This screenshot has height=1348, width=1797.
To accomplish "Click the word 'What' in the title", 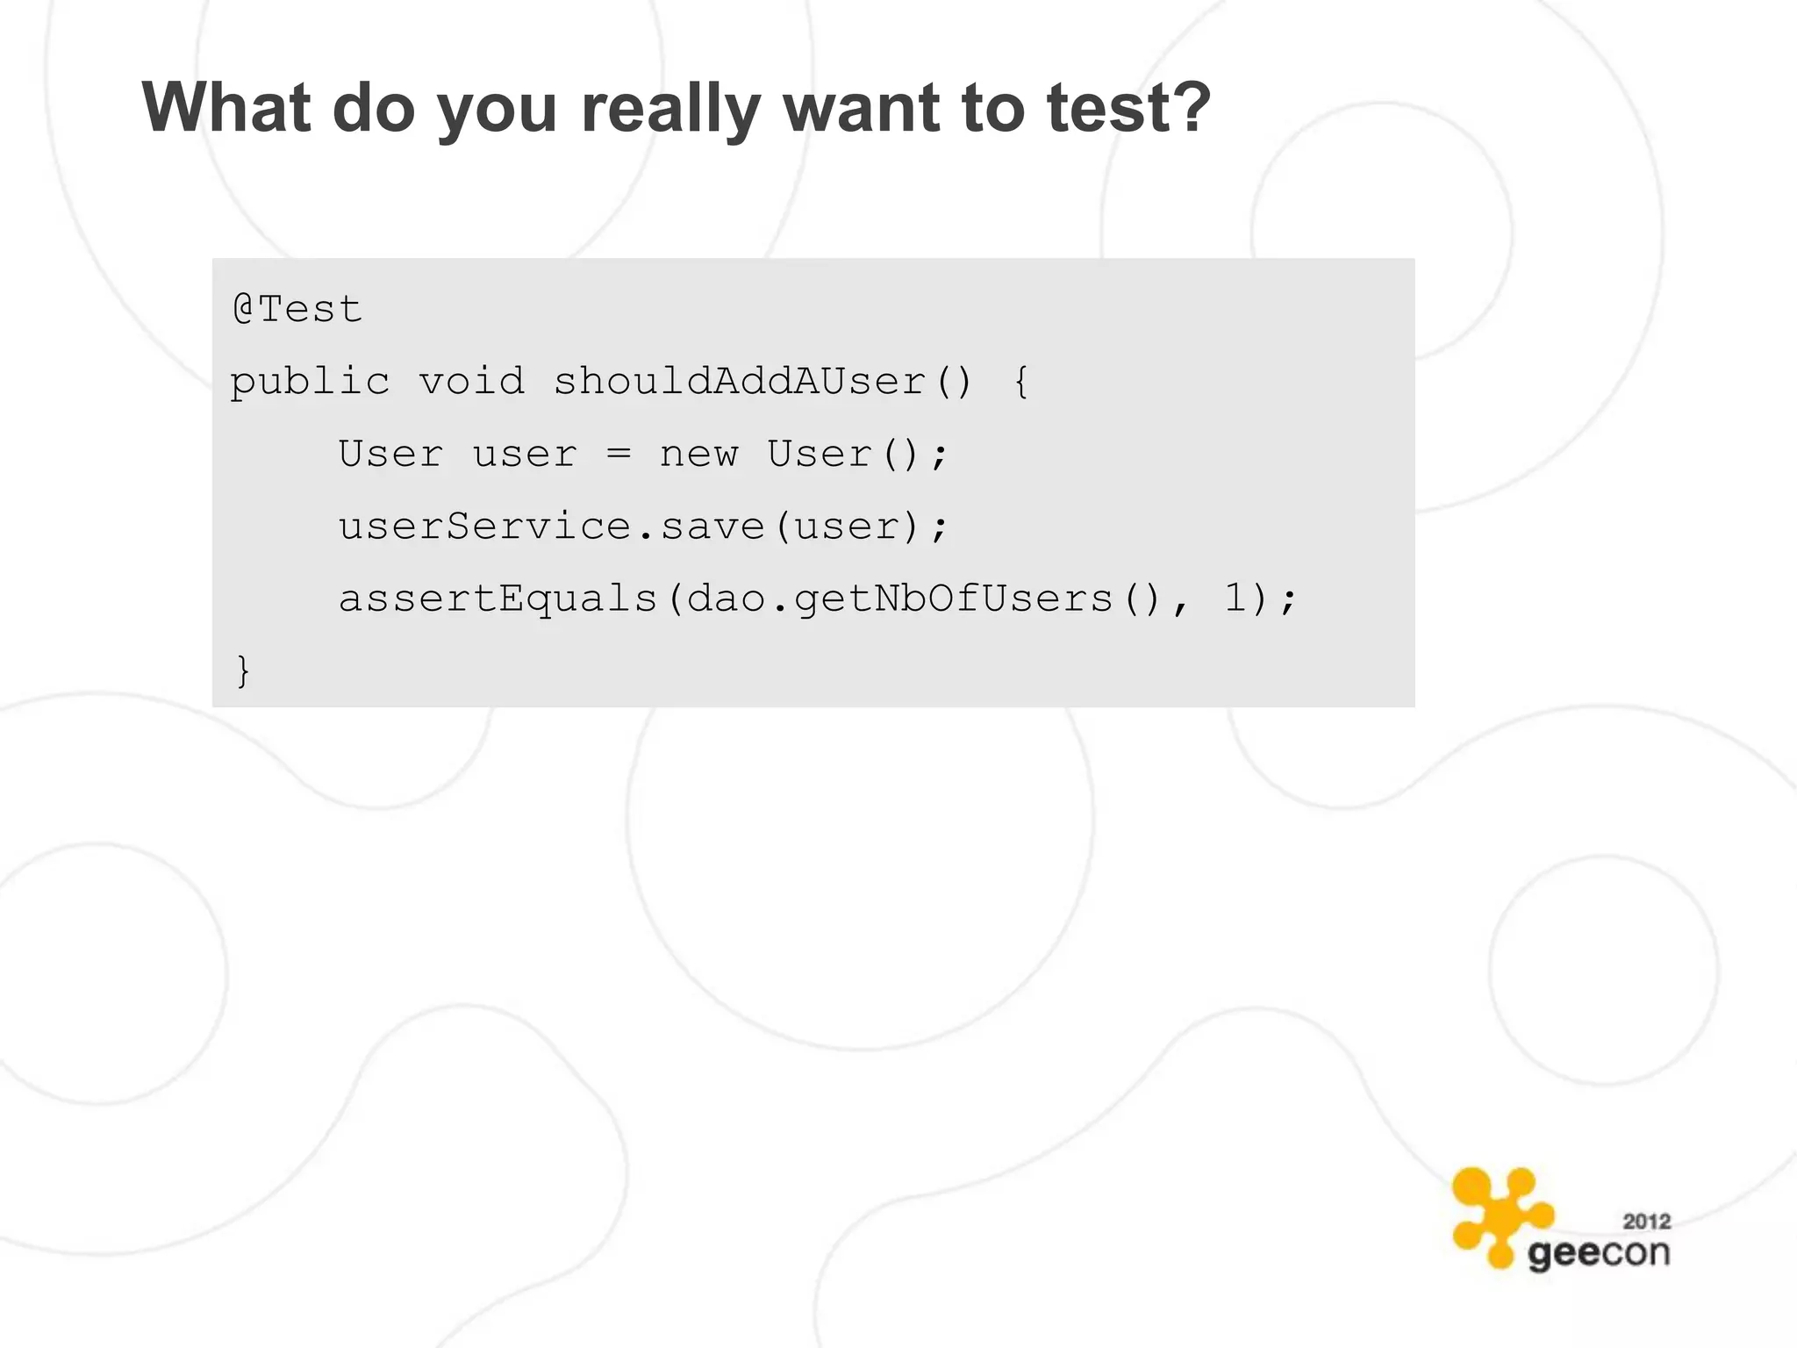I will [x=226, y=107].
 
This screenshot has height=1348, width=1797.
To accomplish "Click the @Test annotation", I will [x=297, y=309].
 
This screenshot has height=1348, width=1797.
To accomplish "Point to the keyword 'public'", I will [x=310, y=383].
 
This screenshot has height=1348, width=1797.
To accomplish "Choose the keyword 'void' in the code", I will [x=471, y=381].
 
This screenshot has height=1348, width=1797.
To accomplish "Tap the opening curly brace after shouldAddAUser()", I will [x=1020, y=382].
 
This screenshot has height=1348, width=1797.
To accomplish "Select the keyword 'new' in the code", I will [x=698, y=454].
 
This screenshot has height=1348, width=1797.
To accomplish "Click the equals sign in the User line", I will [x=619, y=454].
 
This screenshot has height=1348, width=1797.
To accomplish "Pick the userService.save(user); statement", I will [x=644, y=527].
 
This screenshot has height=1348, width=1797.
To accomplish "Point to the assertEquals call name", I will [x=498, y=599].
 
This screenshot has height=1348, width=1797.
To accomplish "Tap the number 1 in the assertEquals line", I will [x=1235, y=599].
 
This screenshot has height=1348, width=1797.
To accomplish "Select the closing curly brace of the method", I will [x=243, y=670].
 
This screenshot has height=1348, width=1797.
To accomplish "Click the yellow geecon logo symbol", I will [x=1500, y=1215].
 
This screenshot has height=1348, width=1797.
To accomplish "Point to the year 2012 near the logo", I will [x=1646, y=1221].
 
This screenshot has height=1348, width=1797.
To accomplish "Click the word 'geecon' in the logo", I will [x=1598, y=1253].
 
